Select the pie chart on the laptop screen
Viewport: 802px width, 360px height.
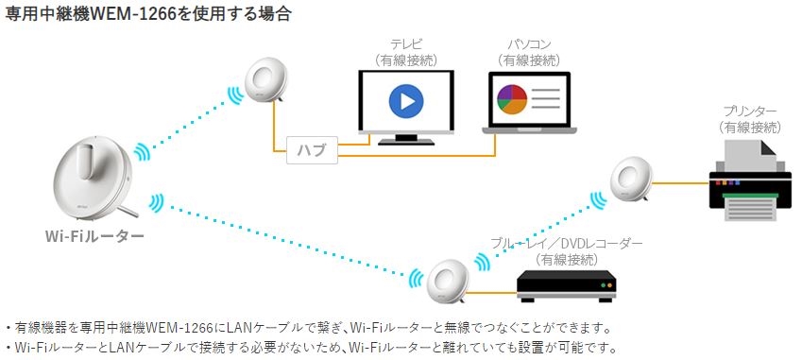click(x=511, y=98)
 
